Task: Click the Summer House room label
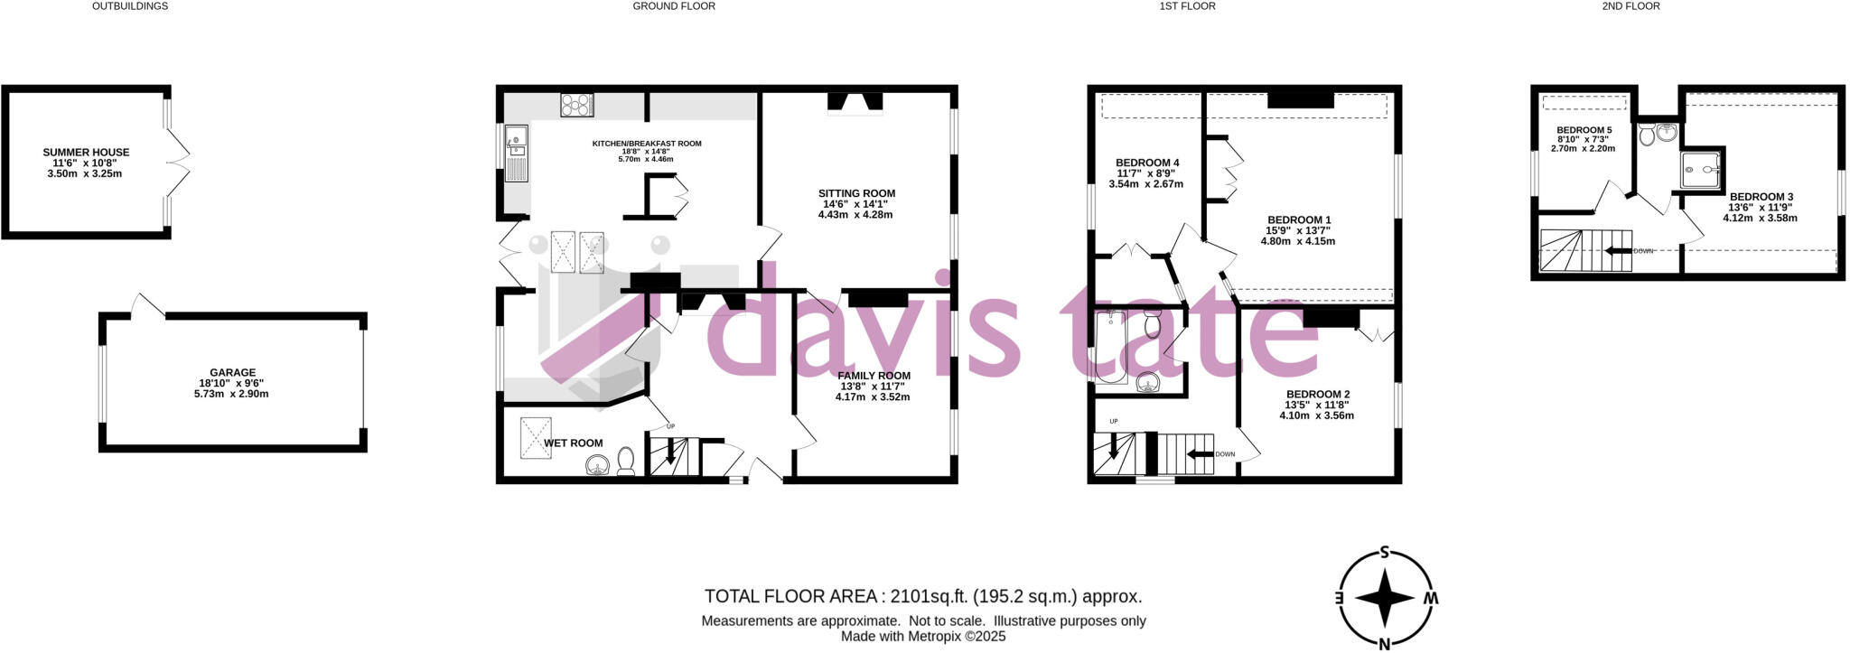click(x=86, y=153)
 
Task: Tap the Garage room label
click(x=232, y=372)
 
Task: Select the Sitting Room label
click(x=856, y=193)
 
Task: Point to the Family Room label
click(x=874, y=376)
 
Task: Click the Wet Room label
click(x=574, y=443)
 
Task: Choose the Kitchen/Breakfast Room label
click(x=647, y=144)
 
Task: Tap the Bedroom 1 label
click(x=1299, y=220)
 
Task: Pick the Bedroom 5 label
click(x=1584, y=130)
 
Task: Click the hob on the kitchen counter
click(x=575, y=106)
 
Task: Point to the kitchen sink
click(x=517, y=139)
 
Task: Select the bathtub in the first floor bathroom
click(x=1111, y=347)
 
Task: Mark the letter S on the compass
click(x=1384, y=555)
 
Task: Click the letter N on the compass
click(x=1384, y=643)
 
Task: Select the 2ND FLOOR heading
click(x=1631, y=6)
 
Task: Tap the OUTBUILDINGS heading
click(x=130, y=6)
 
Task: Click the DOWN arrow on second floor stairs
click(x=1618, y=250)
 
